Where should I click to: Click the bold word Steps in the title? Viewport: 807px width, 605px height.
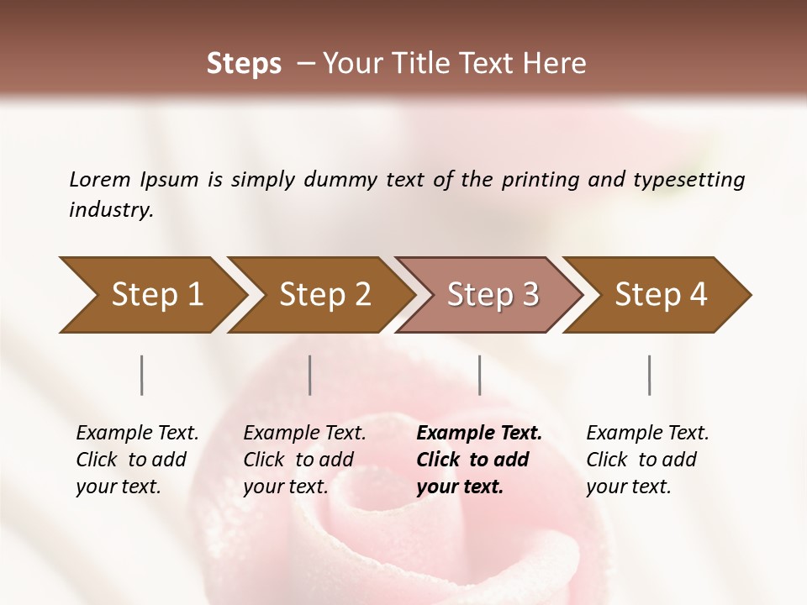[x=244, y=64]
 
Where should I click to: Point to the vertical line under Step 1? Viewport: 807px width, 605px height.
[x=142, y=375]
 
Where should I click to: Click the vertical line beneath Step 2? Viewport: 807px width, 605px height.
[x=310, y=375]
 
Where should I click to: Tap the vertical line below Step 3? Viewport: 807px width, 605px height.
[x=480, y=375]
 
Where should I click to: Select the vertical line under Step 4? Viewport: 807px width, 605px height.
[x=650, y=375]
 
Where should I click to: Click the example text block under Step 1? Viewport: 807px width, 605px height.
[x=137, y=460]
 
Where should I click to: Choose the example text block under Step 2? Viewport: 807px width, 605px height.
[x=304, y=460]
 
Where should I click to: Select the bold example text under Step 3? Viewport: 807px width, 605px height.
[x=478, y=460]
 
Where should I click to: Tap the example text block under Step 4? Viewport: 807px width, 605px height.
[x=647, y=460]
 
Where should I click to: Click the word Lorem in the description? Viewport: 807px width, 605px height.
[x=100, y=179]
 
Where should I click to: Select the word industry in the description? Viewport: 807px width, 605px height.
[x=110, y=210]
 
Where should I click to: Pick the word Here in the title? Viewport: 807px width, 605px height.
[x=558, y=64]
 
